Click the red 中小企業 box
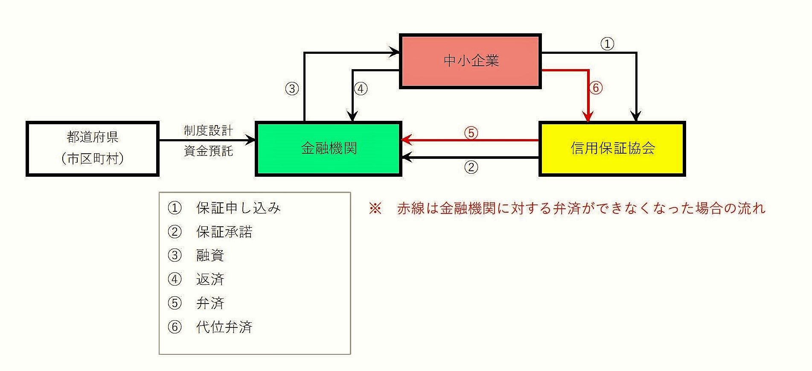tap(470, 61)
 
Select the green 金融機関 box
tap(329, 149)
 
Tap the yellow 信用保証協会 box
tap(612, 149)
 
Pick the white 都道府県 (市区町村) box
tap(93, 148)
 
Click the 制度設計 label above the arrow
tap(208, 130)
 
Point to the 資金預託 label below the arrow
tap(208, 151)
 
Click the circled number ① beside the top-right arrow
tap(607, 44)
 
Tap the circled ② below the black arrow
tap(471, 167)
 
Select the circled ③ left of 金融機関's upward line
tap(292, 89)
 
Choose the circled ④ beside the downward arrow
tap(361, 89)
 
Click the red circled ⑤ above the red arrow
tap(471, 133)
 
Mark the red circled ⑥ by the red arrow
tap(596, 88)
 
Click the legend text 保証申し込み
tap(238, 208)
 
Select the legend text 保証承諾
tap(224, 232)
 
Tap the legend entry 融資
tap(210, 255)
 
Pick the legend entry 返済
tap(210, 279)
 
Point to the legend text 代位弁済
tap(224, 327)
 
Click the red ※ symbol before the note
tap(375, 208)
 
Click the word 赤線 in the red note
tap(411, 208)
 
